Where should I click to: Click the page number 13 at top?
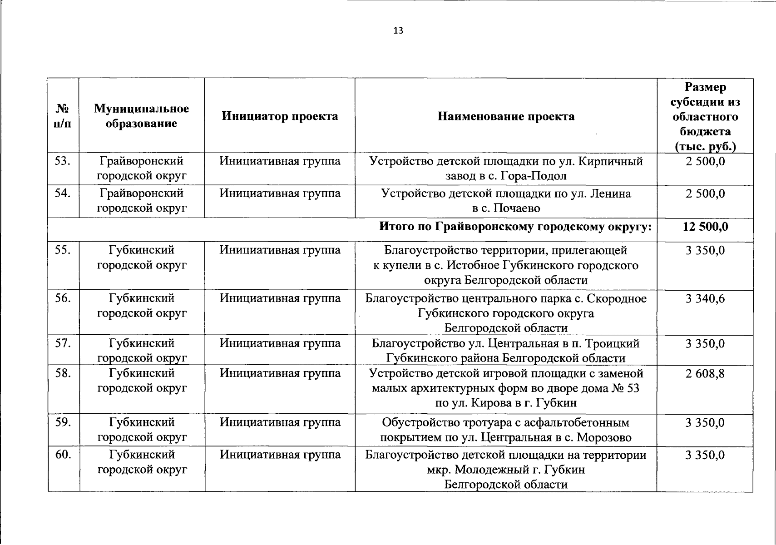point(398,31)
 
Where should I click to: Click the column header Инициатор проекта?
point(280,116)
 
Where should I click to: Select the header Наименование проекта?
point(506,116)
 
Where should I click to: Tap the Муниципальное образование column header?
point(141,116)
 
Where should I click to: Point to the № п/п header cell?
point(63,116)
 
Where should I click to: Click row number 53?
point(63,161)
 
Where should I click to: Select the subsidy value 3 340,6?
point(705,298)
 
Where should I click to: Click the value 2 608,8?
point(705,373)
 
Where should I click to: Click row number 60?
point(63,454)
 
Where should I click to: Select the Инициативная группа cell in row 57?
point(280,343)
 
